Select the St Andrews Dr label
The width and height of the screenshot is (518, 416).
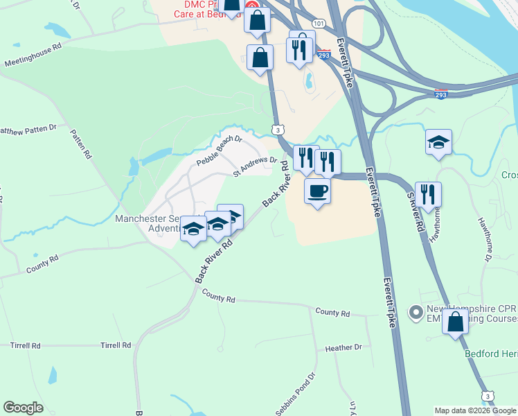pos(255,166)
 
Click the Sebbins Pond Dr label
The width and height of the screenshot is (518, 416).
pos(296,395)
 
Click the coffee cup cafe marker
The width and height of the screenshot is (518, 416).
pos(318,191)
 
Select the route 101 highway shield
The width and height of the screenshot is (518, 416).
pos(318,23)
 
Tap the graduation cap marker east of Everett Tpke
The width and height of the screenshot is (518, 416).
pos(439,142)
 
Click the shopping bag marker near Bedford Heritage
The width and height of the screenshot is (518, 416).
pos(455,322)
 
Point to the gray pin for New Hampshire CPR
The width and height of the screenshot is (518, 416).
pos(416,313)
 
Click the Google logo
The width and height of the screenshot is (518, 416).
pos(23,408)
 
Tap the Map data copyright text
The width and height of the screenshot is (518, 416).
pos(475,410)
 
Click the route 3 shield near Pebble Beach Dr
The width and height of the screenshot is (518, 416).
pos(277,129)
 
